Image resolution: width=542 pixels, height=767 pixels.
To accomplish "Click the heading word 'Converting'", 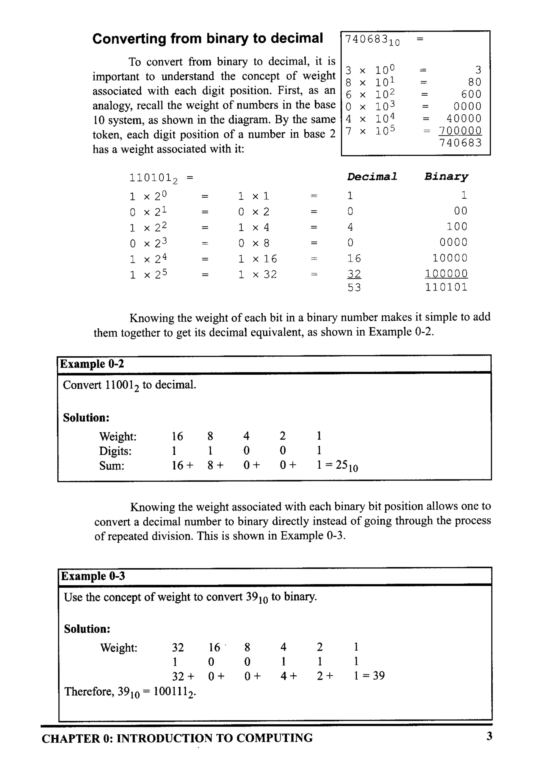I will tap(129, 39).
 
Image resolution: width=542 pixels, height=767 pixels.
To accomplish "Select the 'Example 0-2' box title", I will tap(92, 364).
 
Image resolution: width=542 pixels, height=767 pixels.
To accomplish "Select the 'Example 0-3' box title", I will tap(93, 576).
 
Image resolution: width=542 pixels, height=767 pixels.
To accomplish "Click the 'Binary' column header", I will tap(446, 176).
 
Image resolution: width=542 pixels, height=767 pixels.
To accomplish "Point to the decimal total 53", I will tap(354, 287).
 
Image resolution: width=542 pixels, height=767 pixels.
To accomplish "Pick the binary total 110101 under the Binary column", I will tap(446, 287).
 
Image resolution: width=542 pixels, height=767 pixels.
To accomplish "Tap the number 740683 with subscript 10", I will tap(371, 40).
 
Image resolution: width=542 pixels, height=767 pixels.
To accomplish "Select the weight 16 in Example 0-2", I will tap(177, 436).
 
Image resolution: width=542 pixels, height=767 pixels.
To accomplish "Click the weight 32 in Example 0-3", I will tap(178, 647).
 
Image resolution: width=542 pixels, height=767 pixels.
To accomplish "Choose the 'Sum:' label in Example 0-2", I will tap(111, 465).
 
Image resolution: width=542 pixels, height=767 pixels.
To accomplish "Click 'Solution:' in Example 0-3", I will tap(87, 629).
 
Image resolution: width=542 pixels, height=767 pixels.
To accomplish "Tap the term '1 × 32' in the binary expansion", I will tap(258, 275).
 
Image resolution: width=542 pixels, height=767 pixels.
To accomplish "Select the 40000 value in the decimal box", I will tap(464, 119).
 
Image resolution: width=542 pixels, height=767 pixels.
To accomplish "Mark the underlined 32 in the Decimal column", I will tap(354, 274).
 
